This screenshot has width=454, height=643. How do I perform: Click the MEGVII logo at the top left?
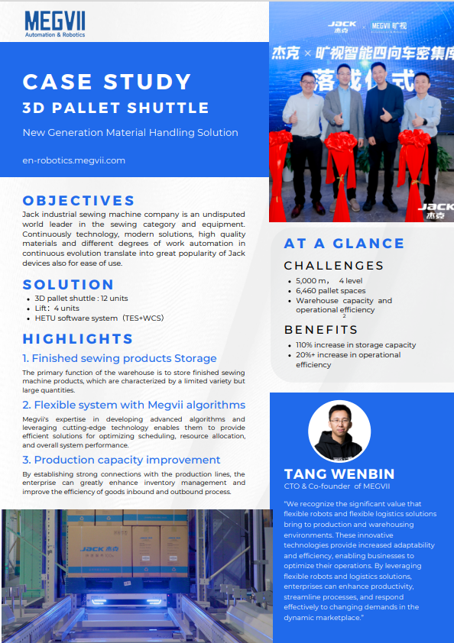click(x=54, y=23)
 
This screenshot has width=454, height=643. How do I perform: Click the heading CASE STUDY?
click(x=107, y=82)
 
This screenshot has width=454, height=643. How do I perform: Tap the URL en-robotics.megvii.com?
click(x=73, y=160)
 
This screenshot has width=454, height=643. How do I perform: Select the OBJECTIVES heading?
click(x=79, y=201)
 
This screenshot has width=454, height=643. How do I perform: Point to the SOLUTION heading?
click(x=68, y=285)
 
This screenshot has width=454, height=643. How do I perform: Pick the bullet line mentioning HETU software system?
click(x=99, y=318)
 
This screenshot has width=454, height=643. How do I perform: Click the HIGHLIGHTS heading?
click(x=78, y=339)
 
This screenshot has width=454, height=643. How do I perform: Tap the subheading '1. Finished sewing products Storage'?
click(x=119, y=358)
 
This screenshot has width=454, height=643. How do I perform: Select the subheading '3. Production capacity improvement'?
click(x=121, y=460)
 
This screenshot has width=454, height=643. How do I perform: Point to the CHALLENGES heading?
click(x=333, y=266)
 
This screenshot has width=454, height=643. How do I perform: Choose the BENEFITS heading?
click(x=321, y=330)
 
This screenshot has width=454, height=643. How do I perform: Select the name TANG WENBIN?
click(x=340, y=474)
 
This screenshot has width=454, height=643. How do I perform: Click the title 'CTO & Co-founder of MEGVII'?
click(x=339, y=486)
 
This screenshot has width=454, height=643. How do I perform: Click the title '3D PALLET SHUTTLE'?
click(x=115, y=108)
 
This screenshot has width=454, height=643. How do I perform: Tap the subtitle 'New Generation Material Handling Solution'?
click(x=130, y=132)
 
